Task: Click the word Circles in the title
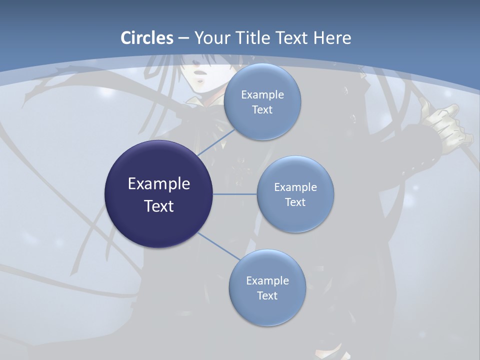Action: click(x=147, y=38)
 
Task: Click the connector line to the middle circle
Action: click(x=235, y=194)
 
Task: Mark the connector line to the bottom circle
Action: click(x=218, y=246)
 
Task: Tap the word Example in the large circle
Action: click(x=159, y=184)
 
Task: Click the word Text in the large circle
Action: click(x=159, y=206)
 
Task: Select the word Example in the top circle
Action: click(x=262, y=94)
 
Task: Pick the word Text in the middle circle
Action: click(x=295, y=202)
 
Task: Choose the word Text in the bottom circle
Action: click(x=267, y=296)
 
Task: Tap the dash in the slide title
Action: click(x=183, y=38)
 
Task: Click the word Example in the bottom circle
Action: click(x=267, y=280)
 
